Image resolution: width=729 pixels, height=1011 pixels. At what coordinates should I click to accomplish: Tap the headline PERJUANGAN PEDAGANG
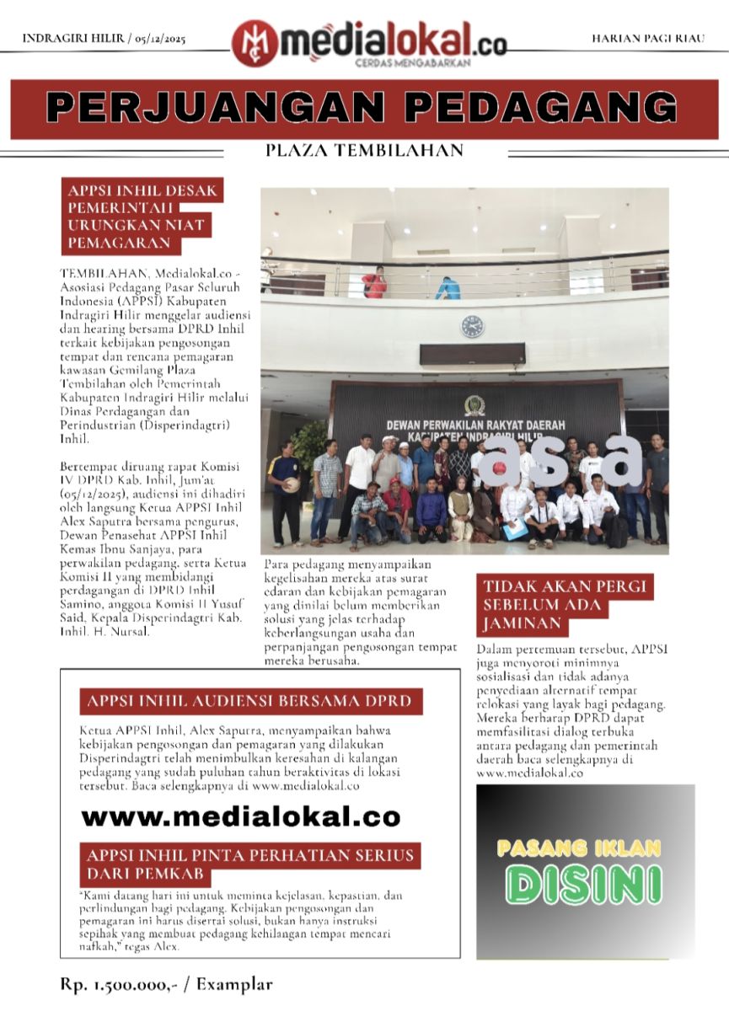363,108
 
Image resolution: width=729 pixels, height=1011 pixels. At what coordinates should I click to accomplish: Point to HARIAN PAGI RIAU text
647,39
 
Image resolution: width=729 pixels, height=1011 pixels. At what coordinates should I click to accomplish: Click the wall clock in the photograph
472,326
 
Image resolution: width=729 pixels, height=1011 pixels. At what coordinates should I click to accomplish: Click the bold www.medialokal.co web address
241,816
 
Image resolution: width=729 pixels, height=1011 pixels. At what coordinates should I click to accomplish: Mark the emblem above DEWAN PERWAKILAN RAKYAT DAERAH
470,403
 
